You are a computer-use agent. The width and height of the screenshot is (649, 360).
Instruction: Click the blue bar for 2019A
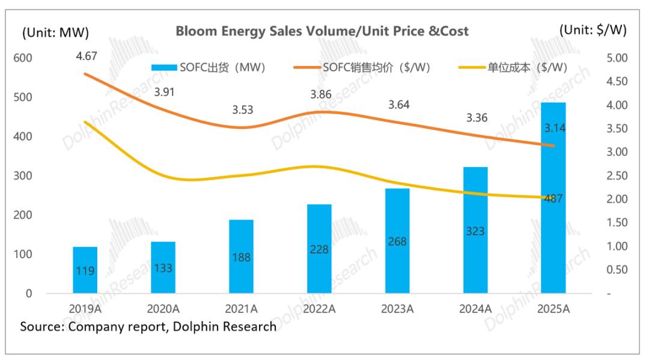click(x=85, y=270)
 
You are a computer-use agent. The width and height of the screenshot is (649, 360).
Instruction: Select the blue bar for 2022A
click(x=319, y=249)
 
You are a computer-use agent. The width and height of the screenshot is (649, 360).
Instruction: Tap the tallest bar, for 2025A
click(x=553, y=198)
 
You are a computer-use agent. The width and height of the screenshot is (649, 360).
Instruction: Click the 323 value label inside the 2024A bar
click(x=475, y=231)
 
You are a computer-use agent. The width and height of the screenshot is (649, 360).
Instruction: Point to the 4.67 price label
click(x=87, y=57)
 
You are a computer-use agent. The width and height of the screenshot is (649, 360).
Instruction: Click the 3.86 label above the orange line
click(x=321, y=94)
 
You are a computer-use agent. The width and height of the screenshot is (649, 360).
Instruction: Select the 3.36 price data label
click(x=477, y=117)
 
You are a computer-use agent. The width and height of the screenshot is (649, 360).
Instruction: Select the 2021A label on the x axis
click(x=241, y=309)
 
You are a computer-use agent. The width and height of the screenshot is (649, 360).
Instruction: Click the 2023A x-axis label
click(x=397, y=309)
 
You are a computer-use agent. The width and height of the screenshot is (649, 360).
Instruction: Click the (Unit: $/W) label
click(x=593, y=31)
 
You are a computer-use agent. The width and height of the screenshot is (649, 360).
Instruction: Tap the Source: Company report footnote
click(x=148, y=327)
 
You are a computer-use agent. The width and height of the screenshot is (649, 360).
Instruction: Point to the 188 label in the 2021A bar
click(x=241, y=257)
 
